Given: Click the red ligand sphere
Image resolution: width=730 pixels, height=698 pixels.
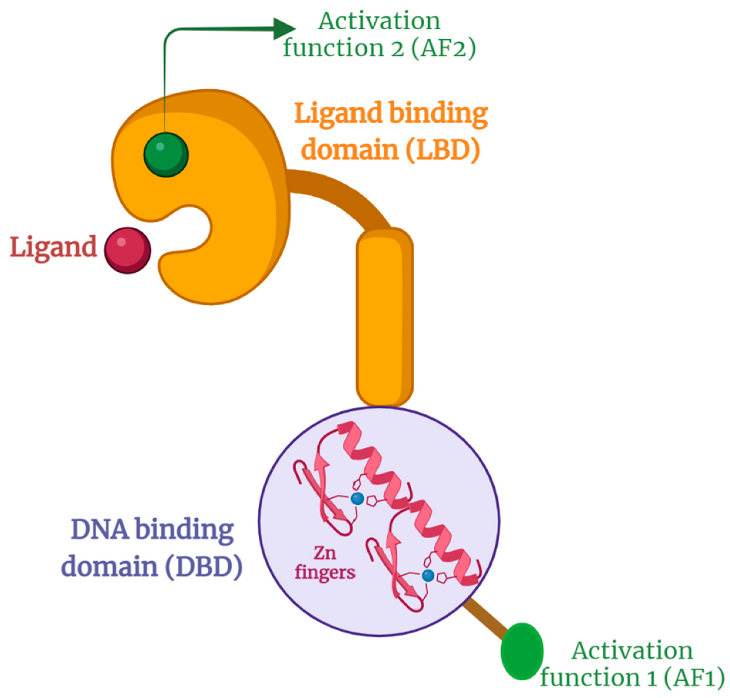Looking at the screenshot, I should point(127,250).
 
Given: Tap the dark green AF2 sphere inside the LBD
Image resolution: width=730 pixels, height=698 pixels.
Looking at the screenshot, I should point(166,154).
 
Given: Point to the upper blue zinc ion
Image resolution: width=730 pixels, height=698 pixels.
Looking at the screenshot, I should point(357,498).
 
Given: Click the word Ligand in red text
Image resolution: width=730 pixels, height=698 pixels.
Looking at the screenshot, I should point(53,247).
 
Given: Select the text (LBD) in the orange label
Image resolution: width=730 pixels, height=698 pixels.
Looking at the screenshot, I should point(443,150).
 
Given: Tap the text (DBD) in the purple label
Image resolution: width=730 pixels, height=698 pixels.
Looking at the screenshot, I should point(204,567).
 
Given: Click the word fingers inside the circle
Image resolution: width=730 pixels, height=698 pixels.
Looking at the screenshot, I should point(325,572).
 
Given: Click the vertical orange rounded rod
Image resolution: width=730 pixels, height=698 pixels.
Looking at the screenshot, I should point(384,316).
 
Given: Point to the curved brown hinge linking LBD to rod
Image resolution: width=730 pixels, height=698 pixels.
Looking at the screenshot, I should point(342,193).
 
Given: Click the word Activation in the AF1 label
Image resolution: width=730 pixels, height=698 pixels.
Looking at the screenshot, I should point(632,651).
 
